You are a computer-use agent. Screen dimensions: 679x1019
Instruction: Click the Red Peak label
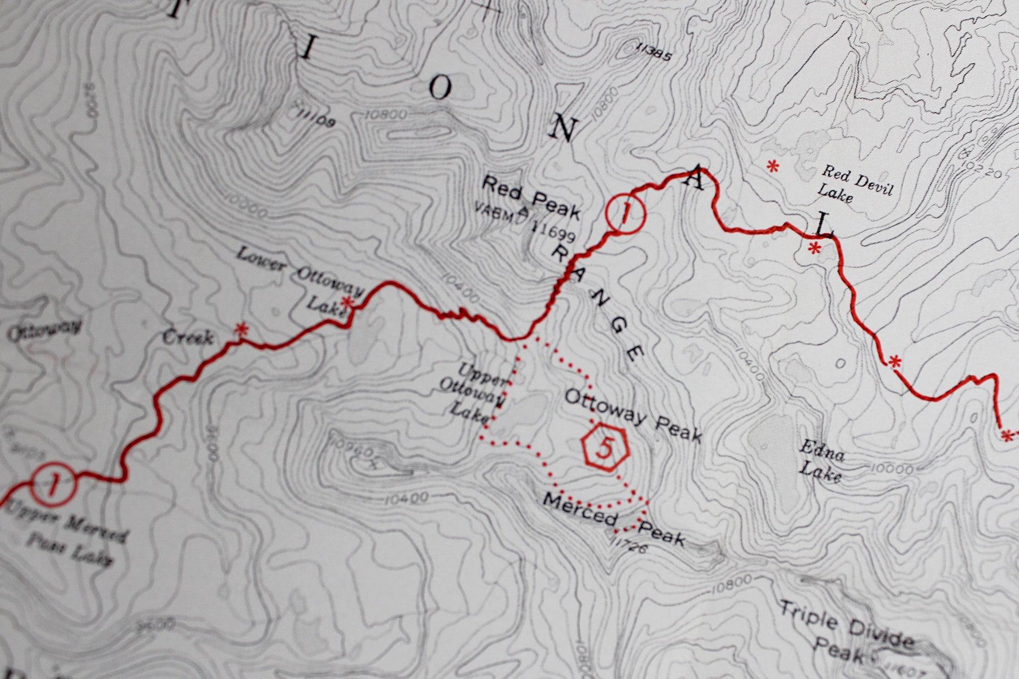pyautogui.click(x=530, y=197)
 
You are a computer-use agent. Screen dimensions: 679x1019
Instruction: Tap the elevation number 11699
pyautogui.click(x=554, y=231)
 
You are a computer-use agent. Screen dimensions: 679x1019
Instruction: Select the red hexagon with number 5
pyautogui.click(x=605, y=448)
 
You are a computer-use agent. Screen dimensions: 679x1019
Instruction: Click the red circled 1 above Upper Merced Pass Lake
pyautogui.click(x=54, y=484)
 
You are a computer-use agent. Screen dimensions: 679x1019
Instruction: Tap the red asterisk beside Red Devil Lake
pyautogui.click(x=772, y=167)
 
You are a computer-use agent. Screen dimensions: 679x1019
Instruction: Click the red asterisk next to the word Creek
pyautogui.click(x=241, y=329)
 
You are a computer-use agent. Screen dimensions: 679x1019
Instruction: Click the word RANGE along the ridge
pyautogui.click(x=596, y=304)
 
